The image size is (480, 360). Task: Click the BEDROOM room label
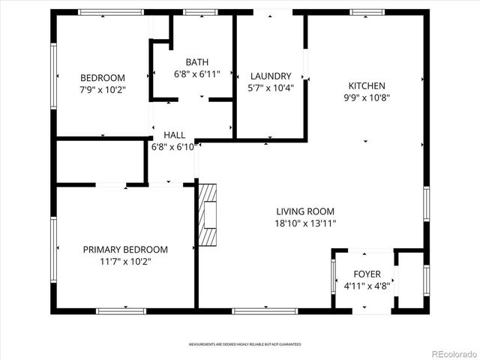click(103, 77)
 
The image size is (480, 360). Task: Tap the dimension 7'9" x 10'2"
click(103, 89)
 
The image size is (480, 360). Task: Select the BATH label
click(197, 62)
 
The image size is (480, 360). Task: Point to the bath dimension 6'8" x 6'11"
click(197, 74)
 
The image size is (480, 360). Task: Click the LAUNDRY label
click(271, 76)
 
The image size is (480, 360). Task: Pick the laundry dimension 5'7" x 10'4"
click(271, 88)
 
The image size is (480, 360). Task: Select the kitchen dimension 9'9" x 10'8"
click(367, 97)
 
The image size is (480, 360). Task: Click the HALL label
click(174, 135)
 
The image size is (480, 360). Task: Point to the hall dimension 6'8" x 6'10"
click(174, 147)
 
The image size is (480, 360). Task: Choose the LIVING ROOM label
click(305, 211)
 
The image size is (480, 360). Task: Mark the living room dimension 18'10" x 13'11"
click(305, 223)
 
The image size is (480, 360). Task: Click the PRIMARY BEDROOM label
click(125, 249)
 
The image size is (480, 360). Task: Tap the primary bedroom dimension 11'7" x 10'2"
click(125, 261)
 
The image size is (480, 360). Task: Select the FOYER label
click(367, 274)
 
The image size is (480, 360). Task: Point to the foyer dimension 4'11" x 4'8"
click(367, 286)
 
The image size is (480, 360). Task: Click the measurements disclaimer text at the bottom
click(244, 344)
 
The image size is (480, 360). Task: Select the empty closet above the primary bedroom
click(100, 160)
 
